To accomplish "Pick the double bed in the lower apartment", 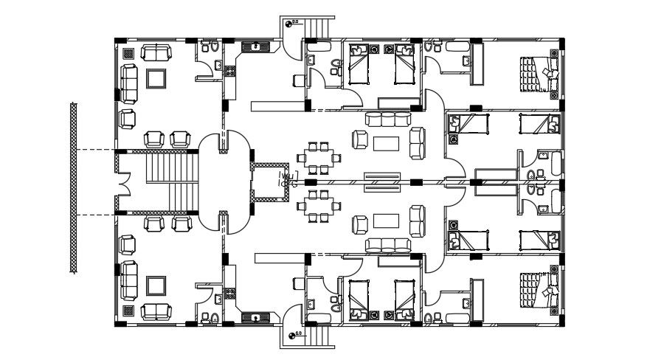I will point(537,287).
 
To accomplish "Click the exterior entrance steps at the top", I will point(319,28).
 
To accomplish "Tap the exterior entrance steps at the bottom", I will point(319,336).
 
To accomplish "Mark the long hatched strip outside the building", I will point(74,189).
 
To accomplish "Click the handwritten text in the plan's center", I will point(288,179).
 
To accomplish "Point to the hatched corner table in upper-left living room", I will point(128,53).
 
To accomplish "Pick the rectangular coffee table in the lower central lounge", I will point(386,221).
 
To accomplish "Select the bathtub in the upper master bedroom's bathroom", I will point(457,47).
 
